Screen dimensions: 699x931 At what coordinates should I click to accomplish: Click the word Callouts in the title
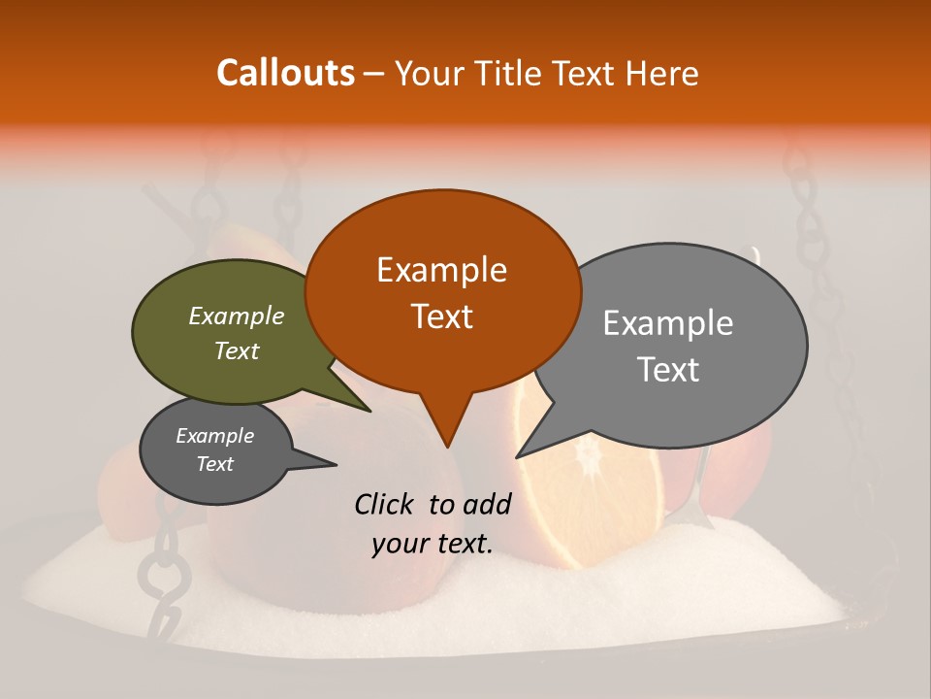tap(285, 73)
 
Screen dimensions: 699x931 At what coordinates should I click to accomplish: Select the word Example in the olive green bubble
tap(236, 316)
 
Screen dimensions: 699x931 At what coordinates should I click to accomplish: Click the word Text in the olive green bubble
tap(236, 350)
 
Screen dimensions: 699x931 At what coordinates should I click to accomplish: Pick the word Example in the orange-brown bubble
tap(441, 270)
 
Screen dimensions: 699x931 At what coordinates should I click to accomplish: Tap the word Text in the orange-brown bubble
tap(441, 316)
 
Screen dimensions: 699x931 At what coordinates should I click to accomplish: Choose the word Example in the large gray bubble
tap(668, 323)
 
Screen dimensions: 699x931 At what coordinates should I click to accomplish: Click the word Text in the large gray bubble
tap(668, 369)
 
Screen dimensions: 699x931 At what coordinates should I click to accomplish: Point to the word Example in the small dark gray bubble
tap(214, 436)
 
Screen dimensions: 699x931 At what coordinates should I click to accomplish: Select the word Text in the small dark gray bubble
tap(214, 464)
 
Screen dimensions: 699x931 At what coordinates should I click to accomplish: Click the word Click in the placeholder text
tap(387, 504)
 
